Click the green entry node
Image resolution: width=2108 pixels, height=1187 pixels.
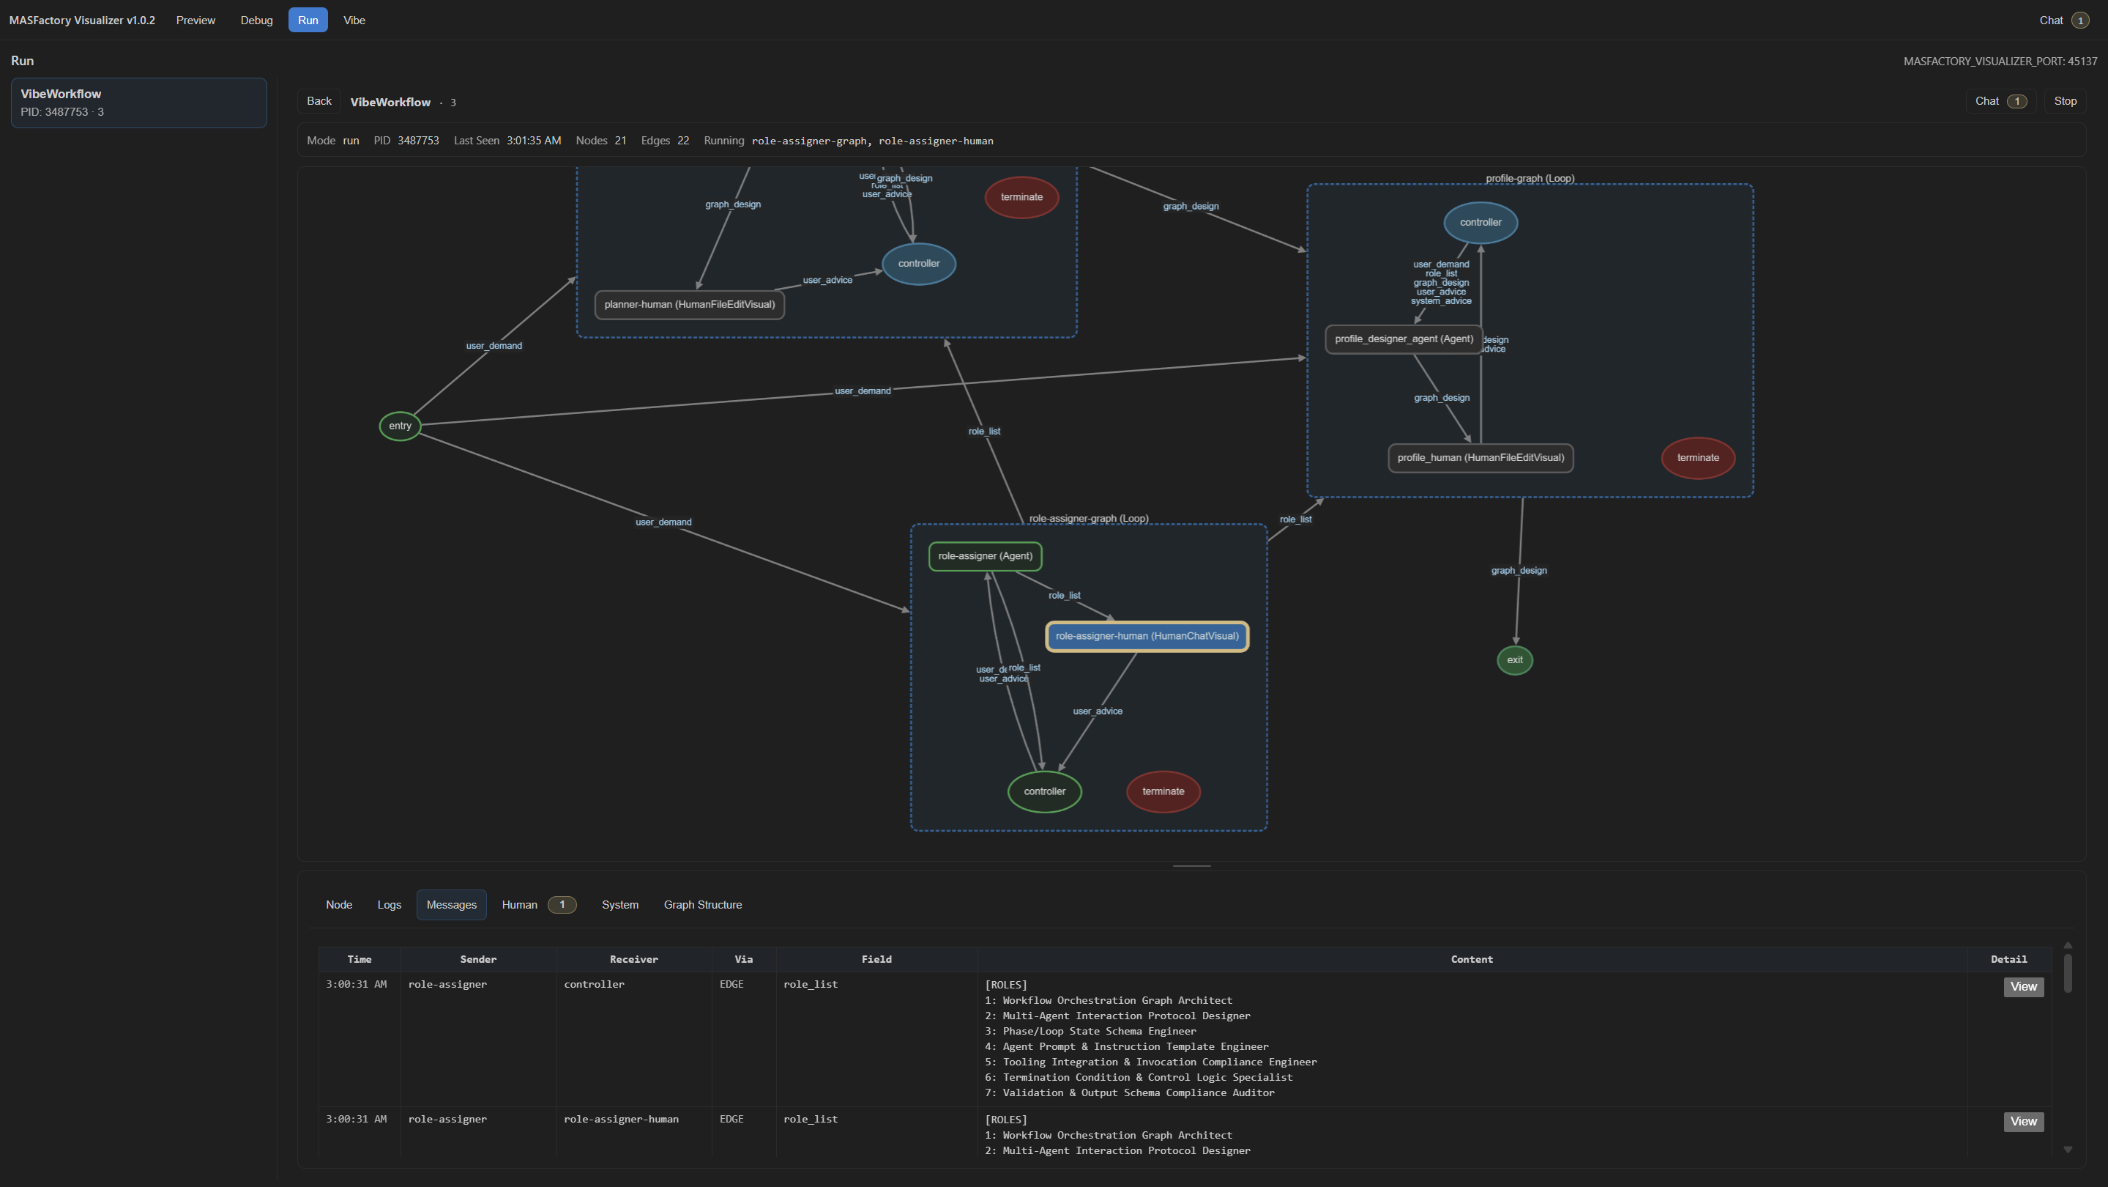(x=399, y=426)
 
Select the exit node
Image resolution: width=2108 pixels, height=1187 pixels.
(x=1515, y=659)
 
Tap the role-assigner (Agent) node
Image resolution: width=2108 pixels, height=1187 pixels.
(x=985, y=556)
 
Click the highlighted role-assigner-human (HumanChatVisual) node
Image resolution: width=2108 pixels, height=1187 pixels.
(x=1147, y=636)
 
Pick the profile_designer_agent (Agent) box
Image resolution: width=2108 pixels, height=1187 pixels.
(x=1404, y=339)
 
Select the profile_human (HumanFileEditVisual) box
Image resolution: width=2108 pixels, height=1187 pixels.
(x=1480, y=458)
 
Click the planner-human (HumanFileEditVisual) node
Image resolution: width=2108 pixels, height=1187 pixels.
(x=689, y=305)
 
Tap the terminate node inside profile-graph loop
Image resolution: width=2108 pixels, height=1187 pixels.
(x=1697, y=458)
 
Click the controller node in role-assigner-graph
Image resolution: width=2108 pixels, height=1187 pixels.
(x=1044, y=791)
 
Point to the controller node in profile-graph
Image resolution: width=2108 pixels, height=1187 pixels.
(x=1481, y=223)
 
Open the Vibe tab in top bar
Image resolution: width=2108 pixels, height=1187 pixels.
(x=354, y=21)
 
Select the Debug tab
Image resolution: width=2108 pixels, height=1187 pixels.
(x=256, y=21)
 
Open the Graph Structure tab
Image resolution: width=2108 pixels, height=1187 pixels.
(x=702, y=905)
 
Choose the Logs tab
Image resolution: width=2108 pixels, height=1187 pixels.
(x=389, y=905)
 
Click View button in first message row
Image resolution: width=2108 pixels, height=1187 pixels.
(x=2023, y=986)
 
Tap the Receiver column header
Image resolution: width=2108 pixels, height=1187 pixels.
(x=633, y=959)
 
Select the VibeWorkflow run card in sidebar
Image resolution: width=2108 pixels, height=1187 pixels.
(x=138, y=103)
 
